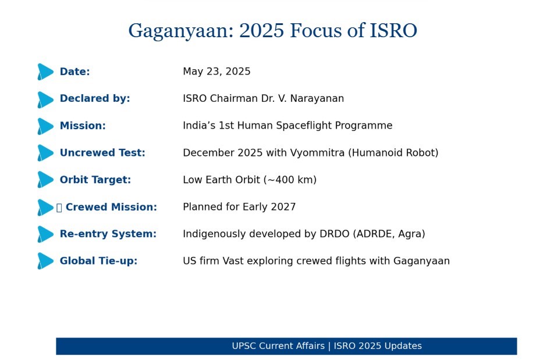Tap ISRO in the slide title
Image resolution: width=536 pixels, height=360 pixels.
(393, 30)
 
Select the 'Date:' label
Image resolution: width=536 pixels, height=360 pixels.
(74, 72)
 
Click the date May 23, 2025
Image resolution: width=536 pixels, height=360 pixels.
(216, 72)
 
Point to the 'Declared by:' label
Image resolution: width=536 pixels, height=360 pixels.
(95, 98)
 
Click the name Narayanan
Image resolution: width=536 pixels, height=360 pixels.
(317, 98)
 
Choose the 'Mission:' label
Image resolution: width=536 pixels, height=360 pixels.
(83, 126)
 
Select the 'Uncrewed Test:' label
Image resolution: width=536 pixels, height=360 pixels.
(102, 153)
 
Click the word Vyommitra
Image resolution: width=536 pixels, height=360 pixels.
(317, 153)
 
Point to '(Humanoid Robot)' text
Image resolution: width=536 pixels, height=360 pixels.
(393, 153)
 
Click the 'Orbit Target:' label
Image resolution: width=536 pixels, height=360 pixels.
(95, 180)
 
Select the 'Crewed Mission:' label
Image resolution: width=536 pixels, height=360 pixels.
(111, 207)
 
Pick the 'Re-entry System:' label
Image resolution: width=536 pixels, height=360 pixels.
(108, 234)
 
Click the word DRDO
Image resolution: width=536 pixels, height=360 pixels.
(334, 234)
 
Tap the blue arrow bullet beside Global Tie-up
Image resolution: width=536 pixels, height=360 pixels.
(45, 261)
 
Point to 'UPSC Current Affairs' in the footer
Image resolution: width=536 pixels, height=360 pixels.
(278, 346)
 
